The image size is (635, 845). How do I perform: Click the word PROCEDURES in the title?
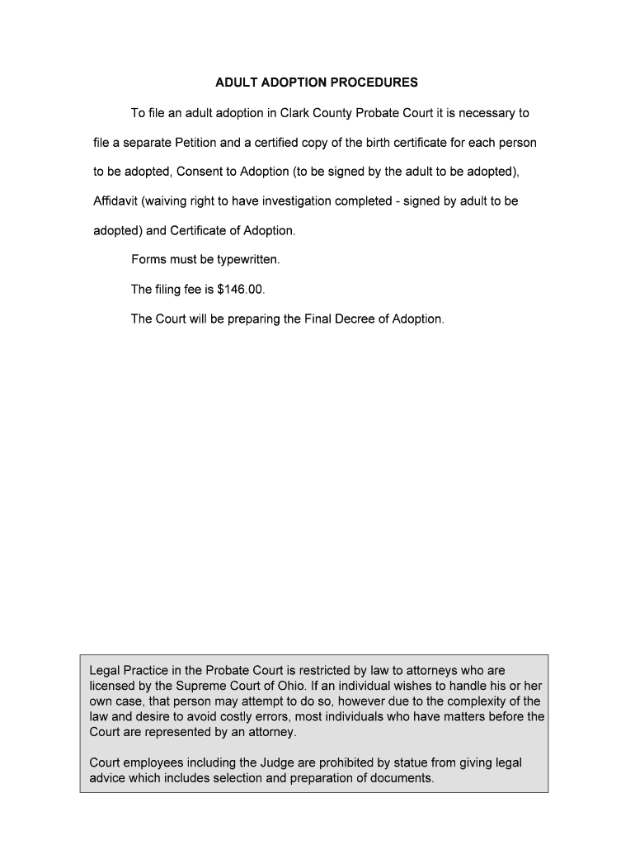pyautogui.click(x=373, y=83)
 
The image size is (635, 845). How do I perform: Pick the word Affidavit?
pyautogui.click(x=115, y=201)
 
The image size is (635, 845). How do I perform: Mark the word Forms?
pyautogui.click(x=149, y=260)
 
